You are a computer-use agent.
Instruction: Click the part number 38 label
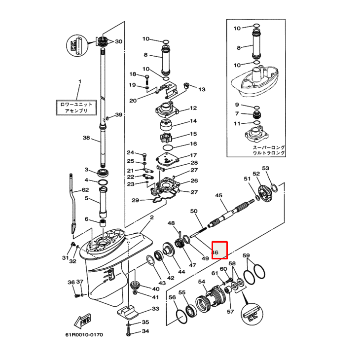tap(86, 138)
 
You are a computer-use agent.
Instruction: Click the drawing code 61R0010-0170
tap(84, 335)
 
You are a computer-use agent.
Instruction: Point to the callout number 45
tap(219, 195)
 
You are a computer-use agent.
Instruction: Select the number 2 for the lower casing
tap(151, 217)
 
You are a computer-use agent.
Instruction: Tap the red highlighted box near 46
tap(219, 250)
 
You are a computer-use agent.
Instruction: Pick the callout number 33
tap(155, 309)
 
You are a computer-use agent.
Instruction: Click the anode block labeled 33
tap(128, 312)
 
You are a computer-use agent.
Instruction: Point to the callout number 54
tap(202, 282)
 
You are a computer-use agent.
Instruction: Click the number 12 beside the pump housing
tap(193, 108)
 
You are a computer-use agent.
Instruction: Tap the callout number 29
tap(135, 200)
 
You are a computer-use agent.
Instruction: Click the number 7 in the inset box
tap(237, 114)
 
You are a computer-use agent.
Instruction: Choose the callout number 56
tap(172, 297)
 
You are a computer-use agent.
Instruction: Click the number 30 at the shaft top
tap(118, 41)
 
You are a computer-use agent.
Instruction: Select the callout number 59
tap(246, 255)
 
